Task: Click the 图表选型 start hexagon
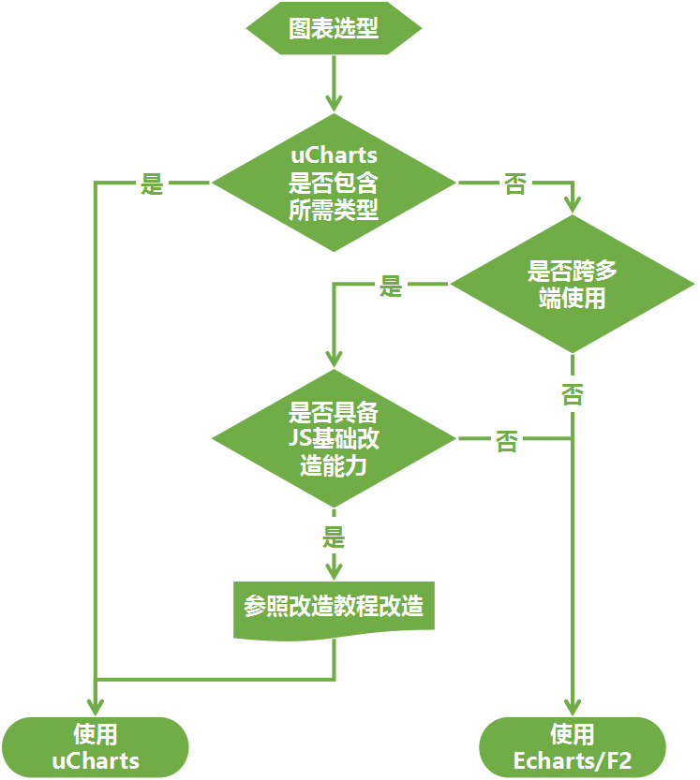(x=334, y=28)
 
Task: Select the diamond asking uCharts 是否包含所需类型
(x=334, y=183)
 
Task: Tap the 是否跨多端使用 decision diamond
(x=572, y=285)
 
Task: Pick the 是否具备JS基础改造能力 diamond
(x=334, y=438)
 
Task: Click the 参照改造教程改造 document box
(x=334, y=607)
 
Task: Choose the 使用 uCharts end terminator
(x=95, y=746)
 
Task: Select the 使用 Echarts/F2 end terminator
(x=572, y=746)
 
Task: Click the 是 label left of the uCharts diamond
(x=152, y=183)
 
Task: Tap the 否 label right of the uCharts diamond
(x=514, y=183)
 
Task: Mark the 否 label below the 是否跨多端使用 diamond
(x=572, y=393)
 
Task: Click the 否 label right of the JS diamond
(x=507, y=440)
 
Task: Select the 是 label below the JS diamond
(x=334, y=537)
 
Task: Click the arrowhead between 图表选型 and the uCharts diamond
(x=334, y=102)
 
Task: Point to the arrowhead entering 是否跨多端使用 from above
(x=572, y=203)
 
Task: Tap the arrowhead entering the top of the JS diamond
(x=334, y=359)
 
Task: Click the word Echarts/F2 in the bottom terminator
(x=572, y=760)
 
